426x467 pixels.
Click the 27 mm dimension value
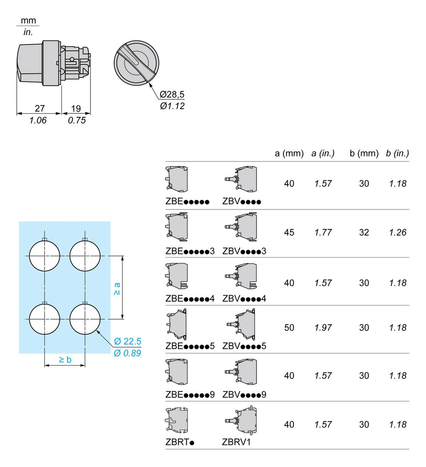click(40, 109)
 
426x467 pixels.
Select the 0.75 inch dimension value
click(76, 120)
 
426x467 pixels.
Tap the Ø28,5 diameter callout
click(172, 95)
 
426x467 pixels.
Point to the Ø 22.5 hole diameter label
click(127, 341)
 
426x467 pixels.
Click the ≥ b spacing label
click(65, 360)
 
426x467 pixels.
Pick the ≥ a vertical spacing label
click(117, 289)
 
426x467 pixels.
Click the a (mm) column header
click(289, 153)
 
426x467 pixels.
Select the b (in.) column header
click(398, 153)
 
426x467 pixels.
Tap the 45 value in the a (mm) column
click(289, 232)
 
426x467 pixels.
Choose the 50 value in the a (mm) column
click(289, 328)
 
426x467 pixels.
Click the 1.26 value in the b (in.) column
click(398, 232)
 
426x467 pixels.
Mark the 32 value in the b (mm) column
click(364, 232)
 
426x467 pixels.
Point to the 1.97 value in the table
click(323, 328)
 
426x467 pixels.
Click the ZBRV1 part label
click(236, 442)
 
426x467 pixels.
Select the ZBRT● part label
click(180, 442)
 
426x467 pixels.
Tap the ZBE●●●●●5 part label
click(190, 346)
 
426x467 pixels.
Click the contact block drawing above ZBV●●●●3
click(241, 227)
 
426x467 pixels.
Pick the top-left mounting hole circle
click(45, 256)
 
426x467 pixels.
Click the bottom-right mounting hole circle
click(85, 319)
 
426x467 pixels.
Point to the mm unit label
click(28, 20)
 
